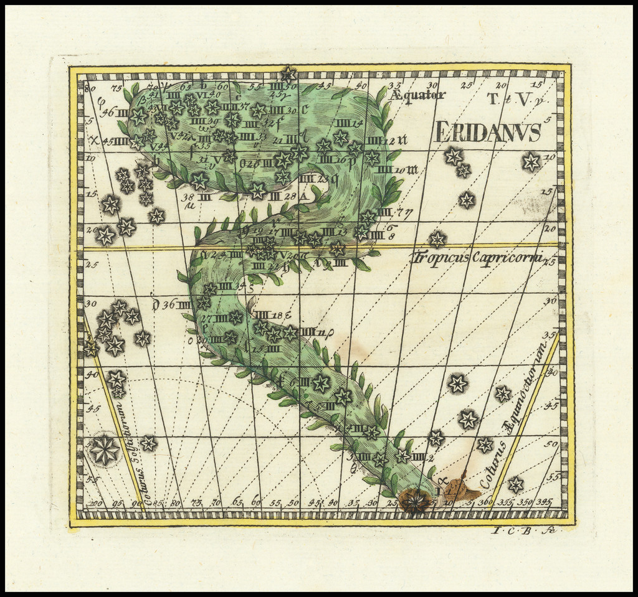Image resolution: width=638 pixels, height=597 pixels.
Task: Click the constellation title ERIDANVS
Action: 488,133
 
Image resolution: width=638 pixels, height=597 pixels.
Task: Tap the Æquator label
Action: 418,95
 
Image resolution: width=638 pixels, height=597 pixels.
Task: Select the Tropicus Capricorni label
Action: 477,257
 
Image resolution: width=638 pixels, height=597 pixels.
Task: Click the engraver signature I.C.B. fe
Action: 523,531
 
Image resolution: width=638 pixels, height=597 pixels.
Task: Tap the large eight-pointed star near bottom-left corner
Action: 104,449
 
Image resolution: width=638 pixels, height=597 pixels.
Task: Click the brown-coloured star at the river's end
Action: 415,500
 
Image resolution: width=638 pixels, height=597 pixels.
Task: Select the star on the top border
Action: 288,75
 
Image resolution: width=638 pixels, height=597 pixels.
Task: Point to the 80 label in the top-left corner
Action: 90,88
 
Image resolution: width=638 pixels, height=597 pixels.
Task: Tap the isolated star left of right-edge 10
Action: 531,162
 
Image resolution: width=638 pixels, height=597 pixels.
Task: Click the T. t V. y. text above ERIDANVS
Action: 509,98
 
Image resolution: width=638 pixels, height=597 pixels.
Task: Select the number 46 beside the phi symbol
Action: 108,113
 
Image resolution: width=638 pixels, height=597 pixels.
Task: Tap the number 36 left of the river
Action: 168,304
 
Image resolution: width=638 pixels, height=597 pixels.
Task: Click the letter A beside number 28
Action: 303,196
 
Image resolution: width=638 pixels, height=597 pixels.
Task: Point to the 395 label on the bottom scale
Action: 543,502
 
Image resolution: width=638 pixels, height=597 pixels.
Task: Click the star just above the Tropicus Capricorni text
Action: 437,239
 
